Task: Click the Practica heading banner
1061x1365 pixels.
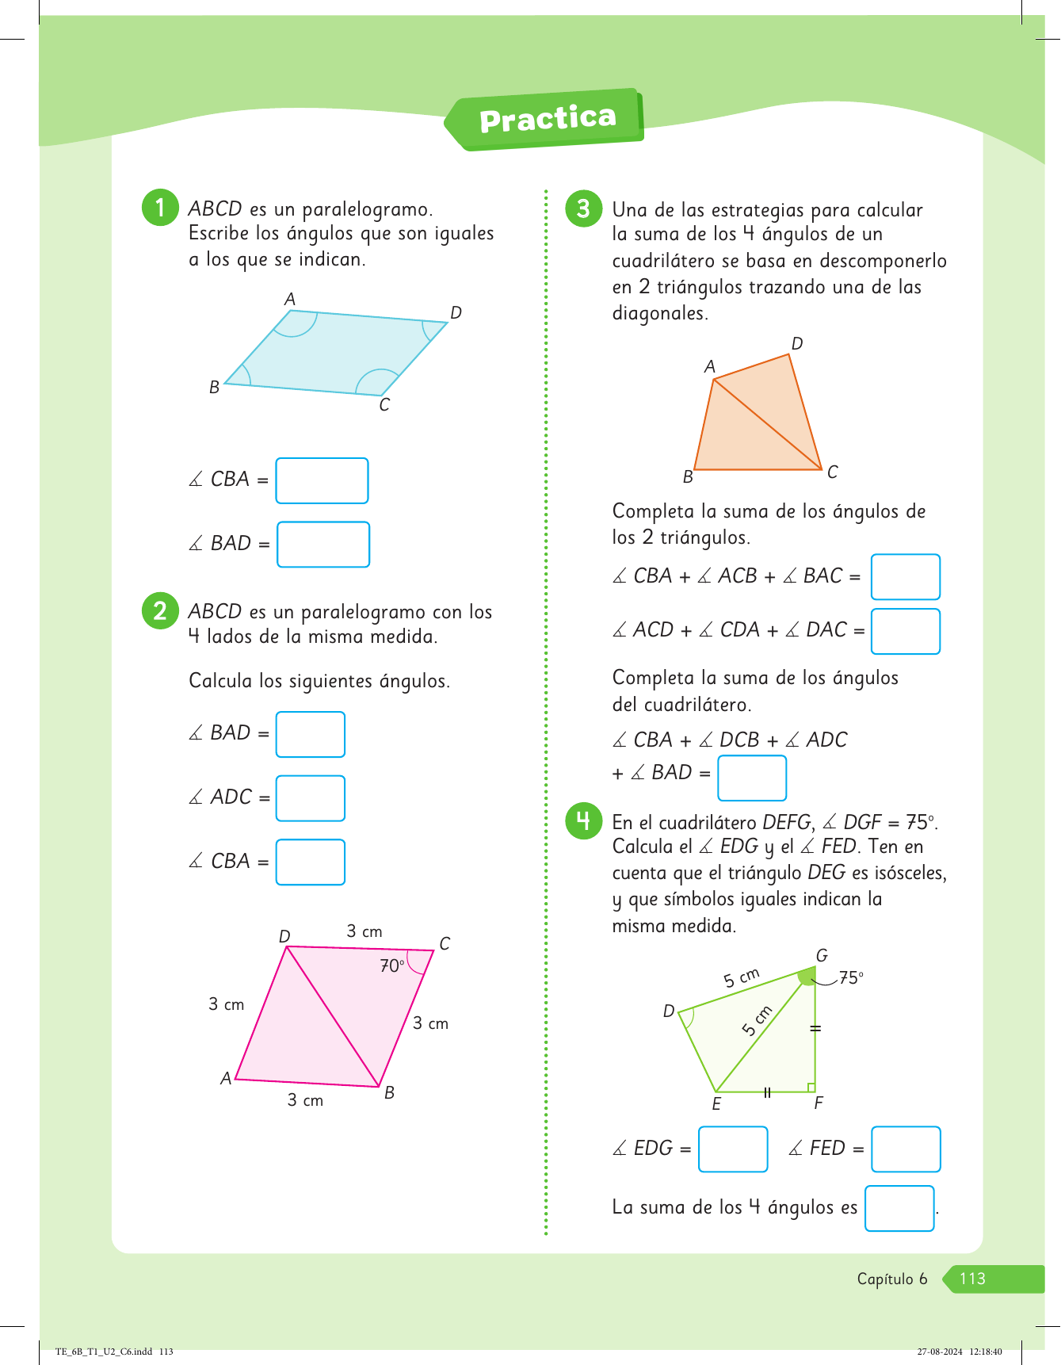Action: pos(547,119)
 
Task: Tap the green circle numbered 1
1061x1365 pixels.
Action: pos(160,208)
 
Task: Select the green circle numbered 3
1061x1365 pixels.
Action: pos(583,208)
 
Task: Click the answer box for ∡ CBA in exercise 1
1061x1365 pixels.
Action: pos(322,480)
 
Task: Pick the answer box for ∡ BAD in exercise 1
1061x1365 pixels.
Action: pos(323,545)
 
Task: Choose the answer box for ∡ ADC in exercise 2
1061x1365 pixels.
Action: pos(310,798)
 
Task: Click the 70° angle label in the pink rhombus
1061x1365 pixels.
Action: pos(391,965)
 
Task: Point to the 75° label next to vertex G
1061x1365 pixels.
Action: pos(851,978)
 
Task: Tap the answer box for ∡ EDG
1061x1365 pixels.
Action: pos(733,1149)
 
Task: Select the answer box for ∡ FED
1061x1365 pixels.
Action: pos(906,1149)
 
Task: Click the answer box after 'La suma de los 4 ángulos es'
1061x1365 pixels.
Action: pos(899,1208)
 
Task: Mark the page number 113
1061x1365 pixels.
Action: pos(972,1279)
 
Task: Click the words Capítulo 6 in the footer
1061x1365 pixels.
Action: pos(891,1279)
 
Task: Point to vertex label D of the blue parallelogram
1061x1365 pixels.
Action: pos(456,313)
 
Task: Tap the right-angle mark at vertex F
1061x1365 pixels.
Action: pos(811,1088)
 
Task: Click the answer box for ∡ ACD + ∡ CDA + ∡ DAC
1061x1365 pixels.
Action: pos(905,631)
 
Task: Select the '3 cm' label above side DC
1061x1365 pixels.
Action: pos(364,931)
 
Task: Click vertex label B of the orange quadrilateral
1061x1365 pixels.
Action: pos(688,477)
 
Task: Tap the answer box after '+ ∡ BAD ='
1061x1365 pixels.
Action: pos(751,778)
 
